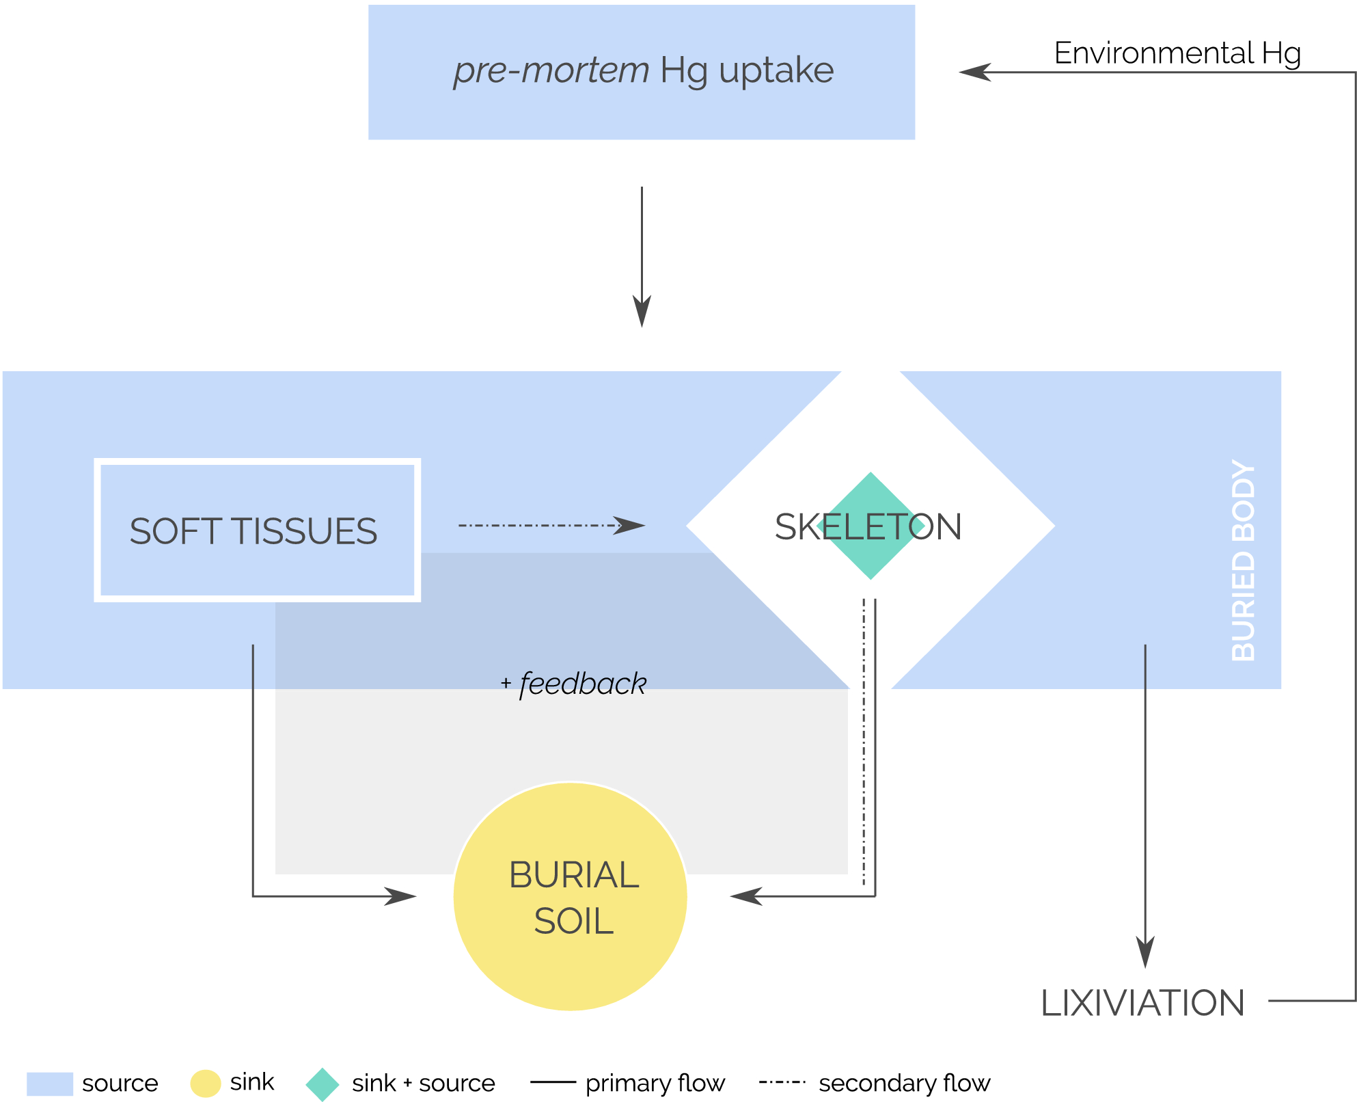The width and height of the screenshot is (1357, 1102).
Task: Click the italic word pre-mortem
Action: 551,70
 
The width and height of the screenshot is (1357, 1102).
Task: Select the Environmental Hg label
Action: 1177,53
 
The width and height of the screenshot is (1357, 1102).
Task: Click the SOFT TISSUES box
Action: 256,530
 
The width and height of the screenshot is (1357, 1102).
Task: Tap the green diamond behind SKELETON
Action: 871,554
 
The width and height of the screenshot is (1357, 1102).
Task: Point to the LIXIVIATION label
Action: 1142,1003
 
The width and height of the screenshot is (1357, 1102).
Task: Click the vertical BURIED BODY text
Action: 1243,560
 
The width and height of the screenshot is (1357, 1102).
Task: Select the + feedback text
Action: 574,684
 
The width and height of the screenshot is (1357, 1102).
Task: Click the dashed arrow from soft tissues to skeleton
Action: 540,526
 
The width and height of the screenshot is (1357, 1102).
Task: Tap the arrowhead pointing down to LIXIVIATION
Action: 1145,952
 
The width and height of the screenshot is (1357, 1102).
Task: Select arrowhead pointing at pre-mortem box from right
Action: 974,72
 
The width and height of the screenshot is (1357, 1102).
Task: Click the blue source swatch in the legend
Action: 49,1084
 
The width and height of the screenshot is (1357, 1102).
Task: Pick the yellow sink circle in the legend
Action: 205,1084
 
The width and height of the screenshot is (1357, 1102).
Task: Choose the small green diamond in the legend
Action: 323,1084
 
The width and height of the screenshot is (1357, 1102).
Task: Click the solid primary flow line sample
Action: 553,1082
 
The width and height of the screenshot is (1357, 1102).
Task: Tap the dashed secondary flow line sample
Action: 782,1082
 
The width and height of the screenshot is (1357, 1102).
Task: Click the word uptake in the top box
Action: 776,70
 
